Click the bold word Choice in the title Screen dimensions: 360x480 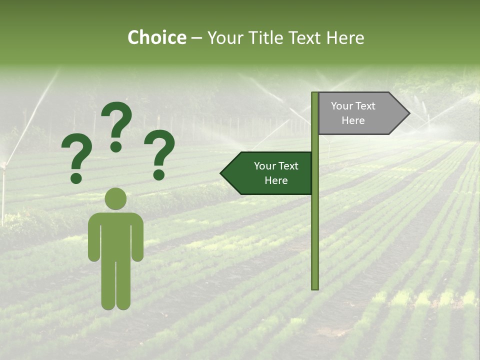coord(156,38)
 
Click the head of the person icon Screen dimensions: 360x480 coord(115,198)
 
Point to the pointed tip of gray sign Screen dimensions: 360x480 coord(408,113)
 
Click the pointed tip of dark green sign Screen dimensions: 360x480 coord(222,173)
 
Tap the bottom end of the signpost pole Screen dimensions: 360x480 coord(315,287)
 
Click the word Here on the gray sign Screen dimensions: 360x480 coord(353,120)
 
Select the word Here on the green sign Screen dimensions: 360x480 coord(276,180)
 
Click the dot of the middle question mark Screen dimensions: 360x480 coord(116,146)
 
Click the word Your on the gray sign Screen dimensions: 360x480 coord(342,106)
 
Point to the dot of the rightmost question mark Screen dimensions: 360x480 coord(159,174)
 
